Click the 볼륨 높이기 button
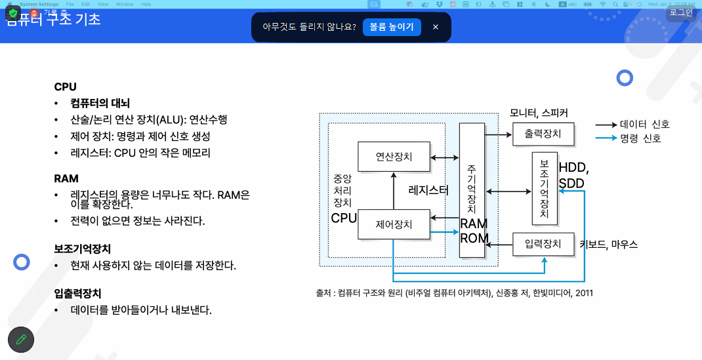click(x=392, y=27)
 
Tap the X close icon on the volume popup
click(x=436, y=27)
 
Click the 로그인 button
click(x=680, y=12)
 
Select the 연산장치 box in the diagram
click(x=394, y=157)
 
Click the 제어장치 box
click(x=394, y=224)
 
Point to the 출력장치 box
click(x=543, y=134)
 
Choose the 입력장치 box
click(x=543, y=245)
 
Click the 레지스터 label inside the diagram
click(x=428, y=191)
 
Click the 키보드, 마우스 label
click(x=608, y=245)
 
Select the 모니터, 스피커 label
click(x=539, y=113)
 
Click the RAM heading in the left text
click(x=66, y=178)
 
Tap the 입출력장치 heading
click(x=77, y=293)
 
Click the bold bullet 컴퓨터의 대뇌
click(x=100, y=103)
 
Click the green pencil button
click(x=21, y=339)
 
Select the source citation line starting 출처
click(x=454, y=293)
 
